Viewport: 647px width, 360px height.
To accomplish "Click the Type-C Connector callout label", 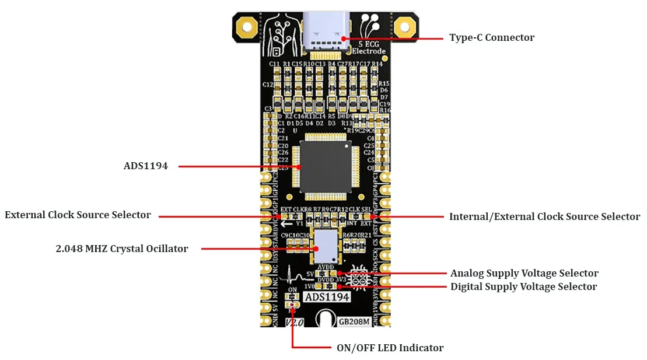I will (x=491, y=38).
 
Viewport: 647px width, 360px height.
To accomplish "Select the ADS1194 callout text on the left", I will (x=145, y=166).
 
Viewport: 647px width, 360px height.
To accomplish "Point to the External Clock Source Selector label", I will (x=78, y=215).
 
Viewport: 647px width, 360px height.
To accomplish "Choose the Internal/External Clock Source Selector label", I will (x=544, y=217).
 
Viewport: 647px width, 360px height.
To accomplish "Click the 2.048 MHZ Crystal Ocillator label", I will (x=121, y=249).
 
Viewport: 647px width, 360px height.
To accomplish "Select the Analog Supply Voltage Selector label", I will (x=524, y=274).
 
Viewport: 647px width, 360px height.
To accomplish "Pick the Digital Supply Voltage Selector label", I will (x=523, y=287).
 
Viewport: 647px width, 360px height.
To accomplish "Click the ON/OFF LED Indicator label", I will (x=390, y=348).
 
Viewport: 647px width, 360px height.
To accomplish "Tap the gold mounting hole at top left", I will (x=246, y=27).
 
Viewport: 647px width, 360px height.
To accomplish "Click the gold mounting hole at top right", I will (x=403, y=27).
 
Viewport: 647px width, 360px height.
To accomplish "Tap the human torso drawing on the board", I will (x=280, y=35).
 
